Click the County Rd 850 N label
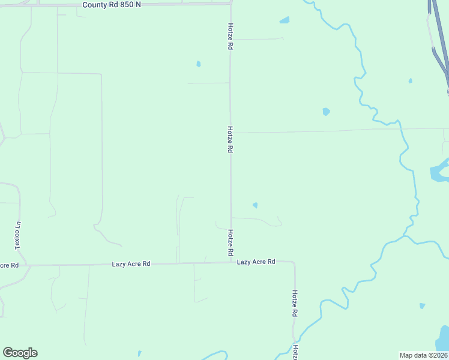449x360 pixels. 113,4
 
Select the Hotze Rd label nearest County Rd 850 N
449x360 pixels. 230,37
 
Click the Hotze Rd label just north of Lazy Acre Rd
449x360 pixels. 230,243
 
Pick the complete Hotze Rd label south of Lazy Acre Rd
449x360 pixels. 295,304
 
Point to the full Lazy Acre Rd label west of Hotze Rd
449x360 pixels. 131,264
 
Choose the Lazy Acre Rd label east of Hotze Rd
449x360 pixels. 256,262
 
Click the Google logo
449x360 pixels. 20,353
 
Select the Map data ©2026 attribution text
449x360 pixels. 423,355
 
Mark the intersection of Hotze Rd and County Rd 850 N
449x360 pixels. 231,4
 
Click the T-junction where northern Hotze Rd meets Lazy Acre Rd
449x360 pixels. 231,262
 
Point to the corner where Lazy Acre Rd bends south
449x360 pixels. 294,263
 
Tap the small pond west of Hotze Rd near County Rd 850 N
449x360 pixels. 198,64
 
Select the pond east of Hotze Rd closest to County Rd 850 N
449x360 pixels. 285,20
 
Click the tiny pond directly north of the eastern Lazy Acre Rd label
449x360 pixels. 255,205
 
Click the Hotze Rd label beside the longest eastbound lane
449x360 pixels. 230,139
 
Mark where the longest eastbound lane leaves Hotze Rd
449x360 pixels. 231,133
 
